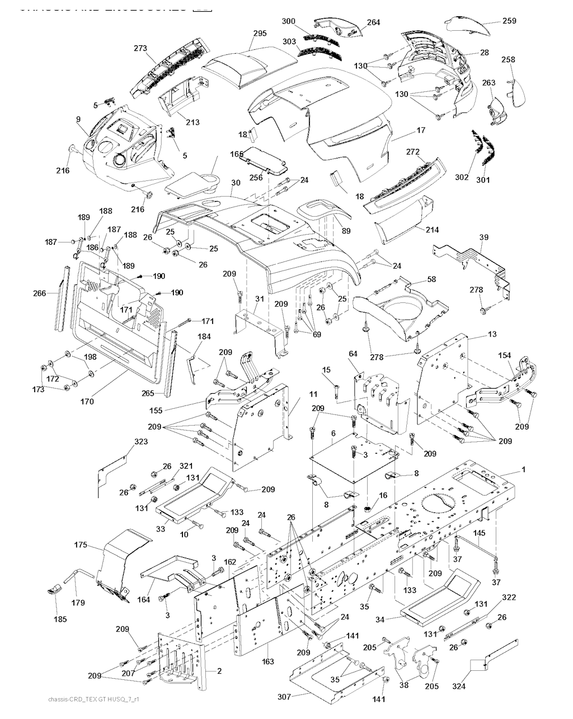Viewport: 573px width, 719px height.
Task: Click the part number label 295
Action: pyautogui.click(x=259, y=34)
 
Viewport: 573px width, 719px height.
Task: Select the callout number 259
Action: pyautogui.click(x=509, y=21)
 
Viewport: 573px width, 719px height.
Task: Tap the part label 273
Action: pyautogui.click(x=140, y=49)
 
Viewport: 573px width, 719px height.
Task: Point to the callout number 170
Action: pyautogui.click(x=87, y=401)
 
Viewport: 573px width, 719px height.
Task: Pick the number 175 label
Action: pyautogui.click(x=82, y=544)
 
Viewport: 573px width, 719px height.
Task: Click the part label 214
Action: pyautogui.click(x=432, y=230)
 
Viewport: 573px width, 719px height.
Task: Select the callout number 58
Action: pyautogui.click(x=431, y=279)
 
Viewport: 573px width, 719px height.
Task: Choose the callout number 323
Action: pyautogui.click(x=140, y=442)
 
